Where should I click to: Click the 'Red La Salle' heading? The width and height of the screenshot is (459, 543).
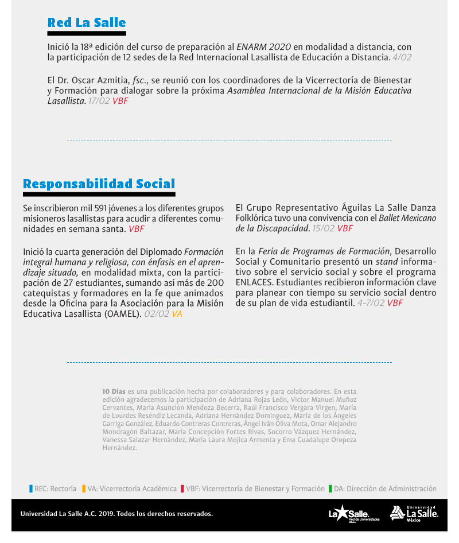click(x=87, y=23)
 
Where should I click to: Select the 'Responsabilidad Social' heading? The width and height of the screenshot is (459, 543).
click(x=99, y=184)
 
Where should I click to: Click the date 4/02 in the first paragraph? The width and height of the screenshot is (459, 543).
click(x=402, y=57)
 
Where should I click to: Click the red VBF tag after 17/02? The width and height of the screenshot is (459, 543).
click(x=120, y=101)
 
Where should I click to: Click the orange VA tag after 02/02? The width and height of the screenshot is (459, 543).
click(x=177, y=314)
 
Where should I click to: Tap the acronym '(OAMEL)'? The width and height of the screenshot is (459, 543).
click(x=123, y=314)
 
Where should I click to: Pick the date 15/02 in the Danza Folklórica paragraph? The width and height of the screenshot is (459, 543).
click(x=324, y=228)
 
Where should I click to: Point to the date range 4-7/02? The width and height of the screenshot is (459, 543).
click(x=371, y=303)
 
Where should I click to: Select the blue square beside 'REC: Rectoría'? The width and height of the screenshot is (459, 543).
click(x=31, y=489)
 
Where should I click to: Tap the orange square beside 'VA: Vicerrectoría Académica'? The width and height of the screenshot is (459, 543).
click(x=84, y=489)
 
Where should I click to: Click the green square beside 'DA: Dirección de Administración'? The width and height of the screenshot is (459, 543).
click(x=330, y=489)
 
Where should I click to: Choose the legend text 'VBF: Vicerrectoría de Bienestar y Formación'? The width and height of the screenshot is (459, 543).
click(x=255, y=489)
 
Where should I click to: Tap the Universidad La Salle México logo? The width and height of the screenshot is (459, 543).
click(x=414, y=513)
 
